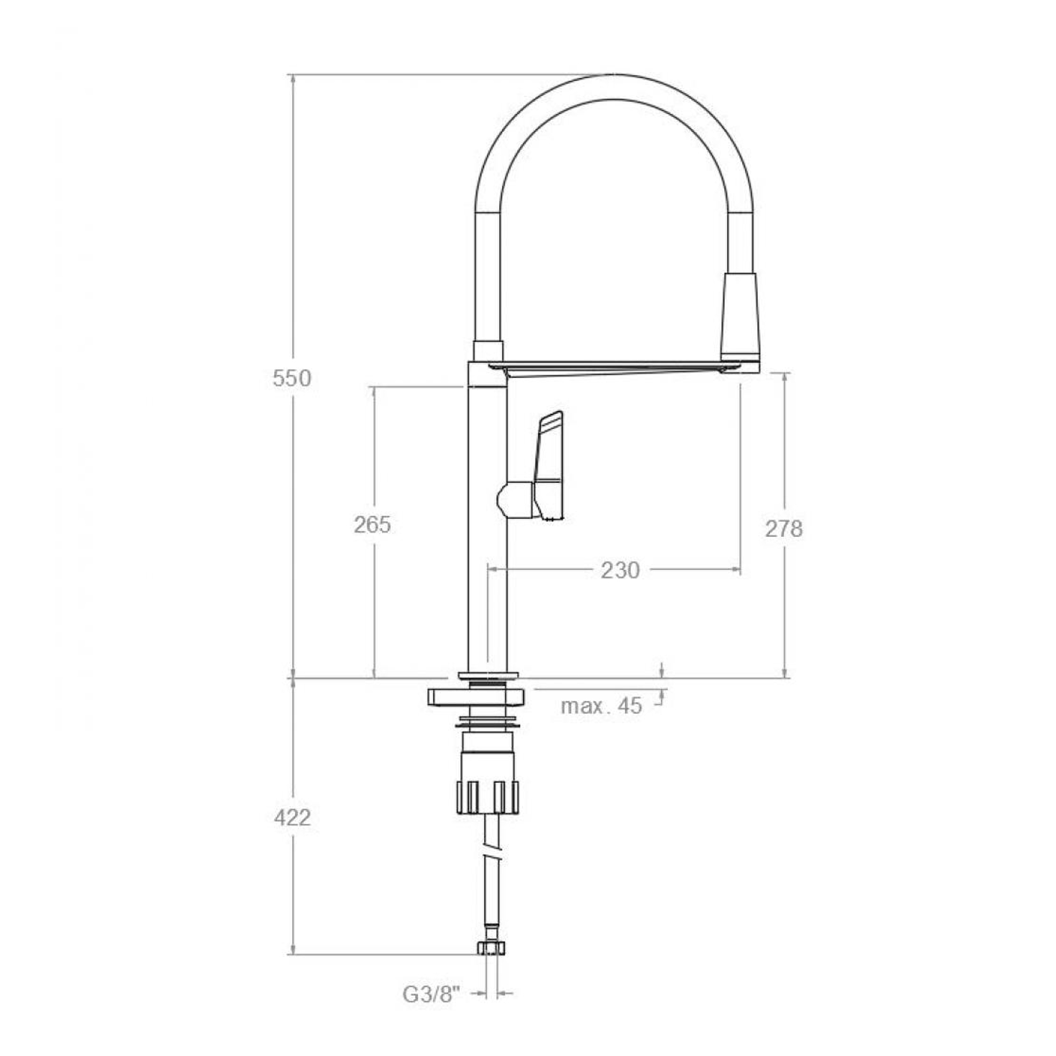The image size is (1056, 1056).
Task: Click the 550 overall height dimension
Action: [x=292, y=378]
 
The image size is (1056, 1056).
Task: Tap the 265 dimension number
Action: [x=372, y=525]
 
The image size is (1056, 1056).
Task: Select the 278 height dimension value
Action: [x=784, y=529]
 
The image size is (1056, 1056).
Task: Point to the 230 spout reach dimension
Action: [x=620, y=571]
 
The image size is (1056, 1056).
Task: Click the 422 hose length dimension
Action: [x=292, y=818]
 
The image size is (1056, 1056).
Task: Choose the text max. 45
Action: [x=601, y=705]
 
